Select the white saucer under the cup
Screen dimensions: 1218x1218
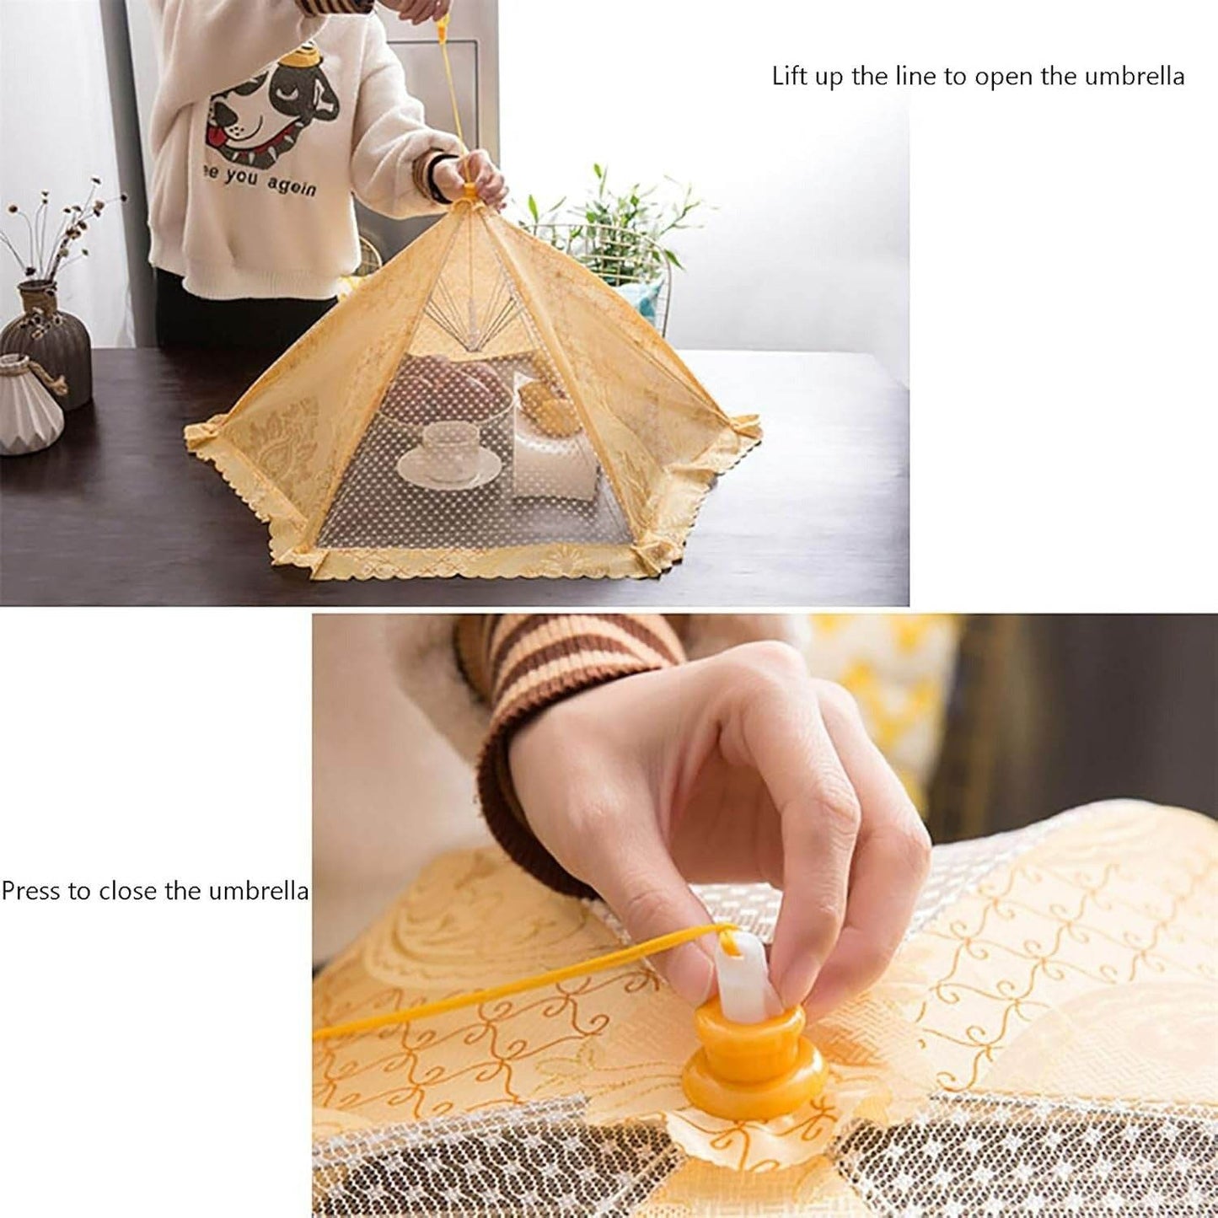coord(443,468)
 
